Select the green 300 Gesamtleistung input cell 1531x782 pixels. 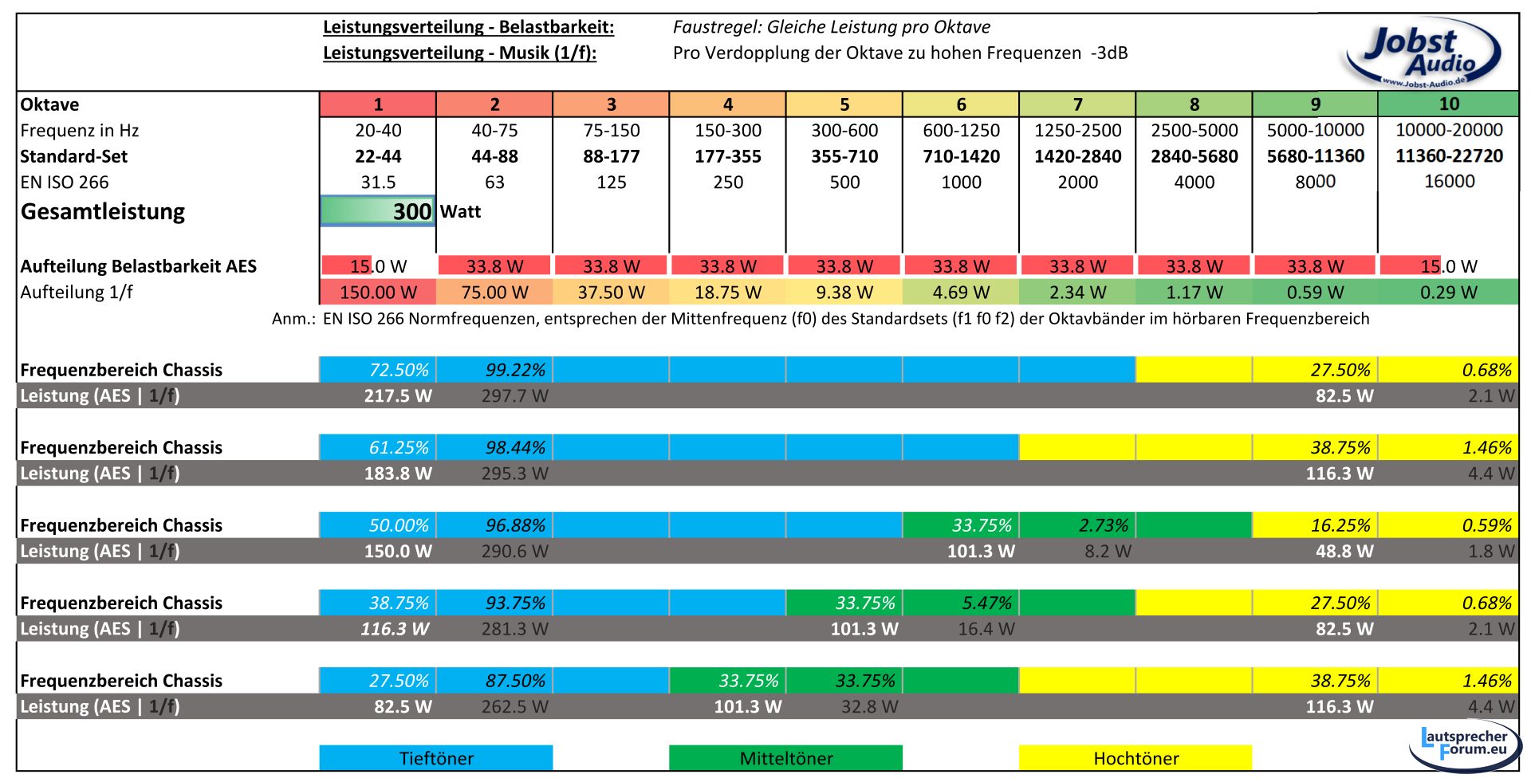point(378,211)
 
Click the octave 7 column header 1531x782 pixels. point(1077,104)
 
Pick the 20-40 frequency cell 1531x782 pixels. point(378,130)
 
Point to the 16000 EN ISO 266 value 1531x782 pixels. point(1449,182)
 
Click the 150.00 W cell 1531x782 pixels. point(378,293)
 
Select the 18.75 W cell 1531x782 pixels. point(727,293)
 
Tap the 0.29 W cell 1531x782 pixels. point(1448,293)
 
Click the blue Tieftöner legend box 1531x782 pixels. point(436,758)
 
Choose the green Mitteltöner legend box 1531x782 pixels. point(785,758)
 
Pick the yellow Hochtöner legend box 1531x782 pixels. point(1135,758)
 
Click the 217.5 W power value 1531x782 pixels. point(397,396)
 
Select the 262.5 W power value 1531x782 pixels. point(514,707)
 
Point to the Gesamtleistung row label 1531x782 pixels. point(103,212)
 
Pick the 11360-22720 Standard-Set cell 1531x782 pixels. point(1449,156)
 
